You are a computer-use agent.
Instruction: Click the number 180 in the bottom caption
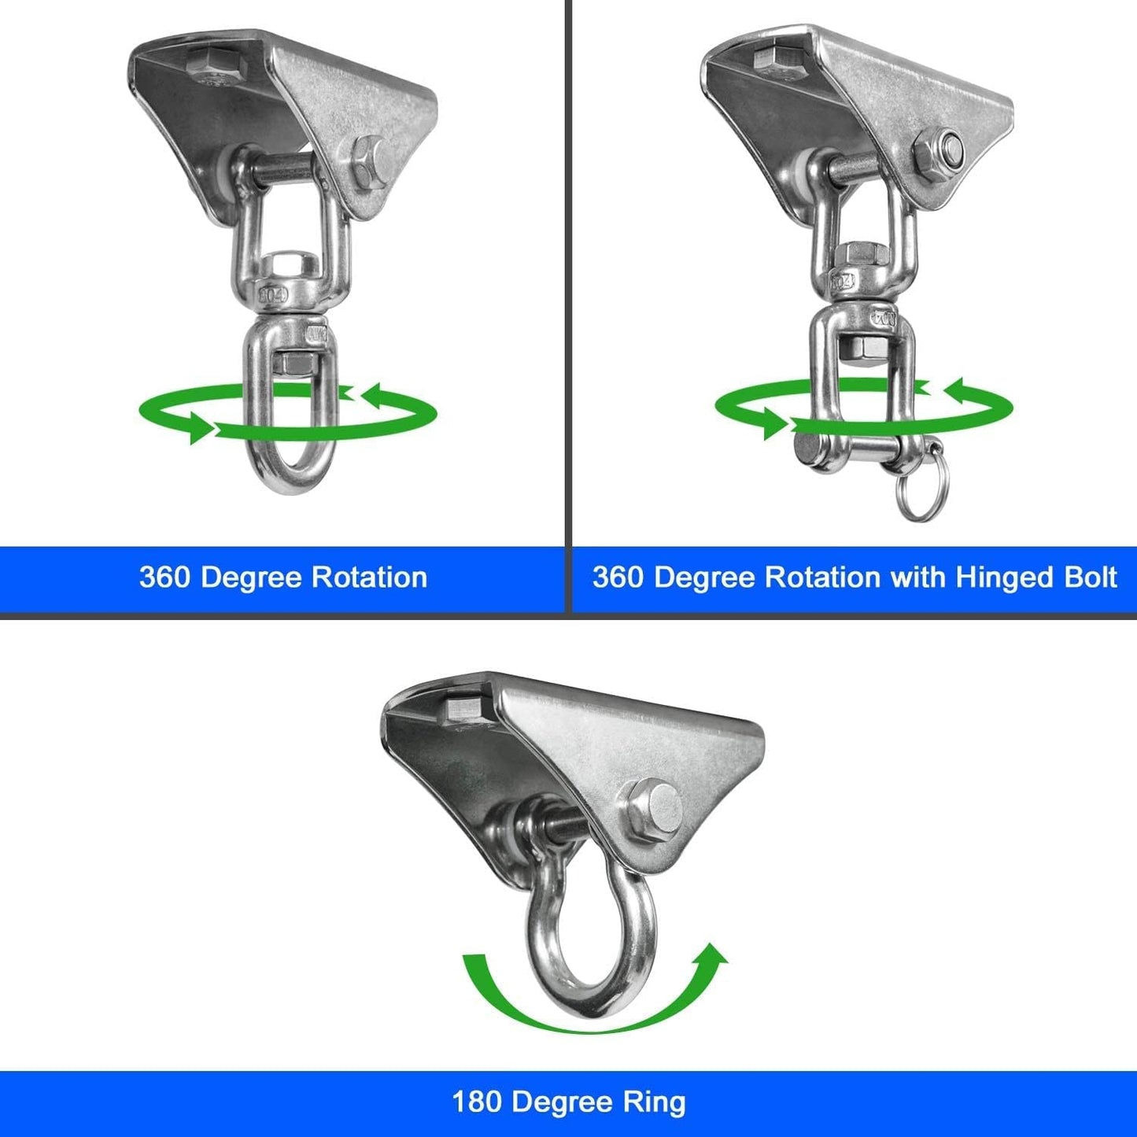tap(476, 1102)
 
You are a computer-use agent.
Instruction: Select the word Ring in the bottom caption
tap(654, 1102)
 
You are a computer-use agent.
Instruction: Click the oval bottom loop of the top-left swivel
tap(289, 472)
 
